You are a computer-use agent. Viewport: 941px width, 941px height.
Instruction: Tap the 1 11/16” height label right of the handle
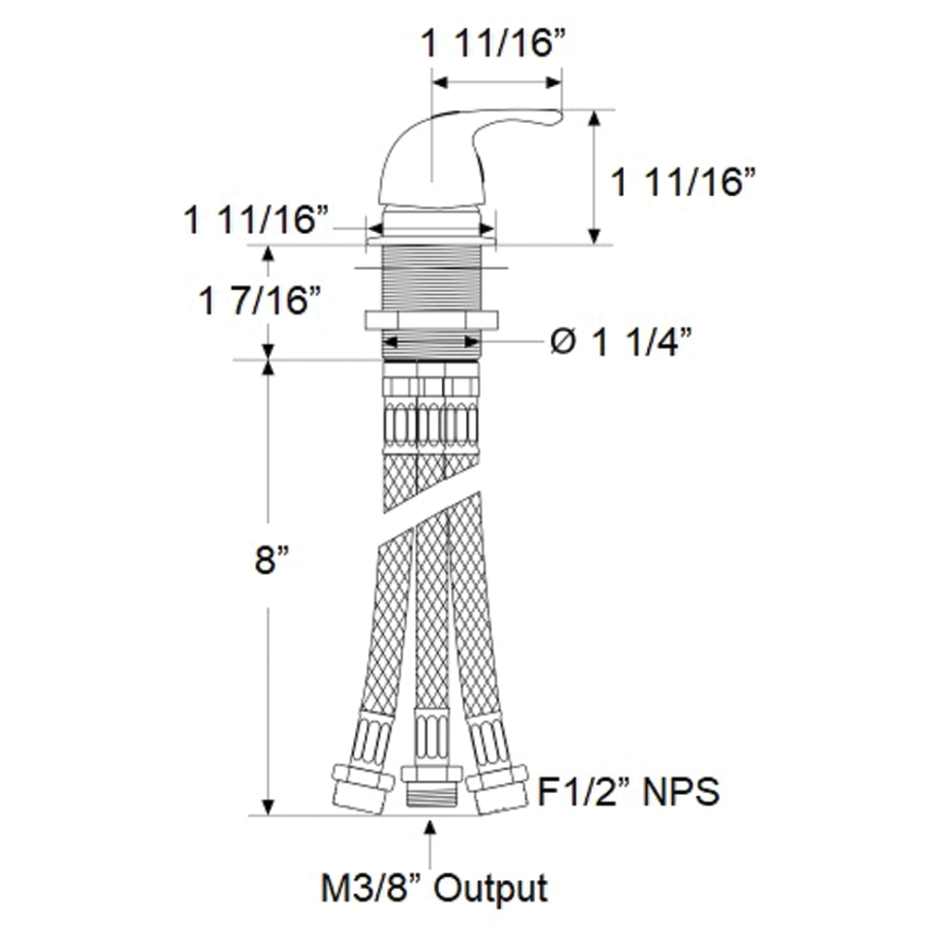pos(683,182)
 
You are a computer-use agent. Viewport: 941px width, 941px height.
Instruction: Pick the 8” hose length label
pos(272,561)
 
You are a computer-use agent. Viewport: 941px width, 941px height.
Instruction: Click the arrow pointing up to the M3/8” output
pos(429,845)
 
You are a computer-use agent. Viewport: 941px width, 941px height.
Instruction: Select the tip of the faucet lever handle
pos(560,114)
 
